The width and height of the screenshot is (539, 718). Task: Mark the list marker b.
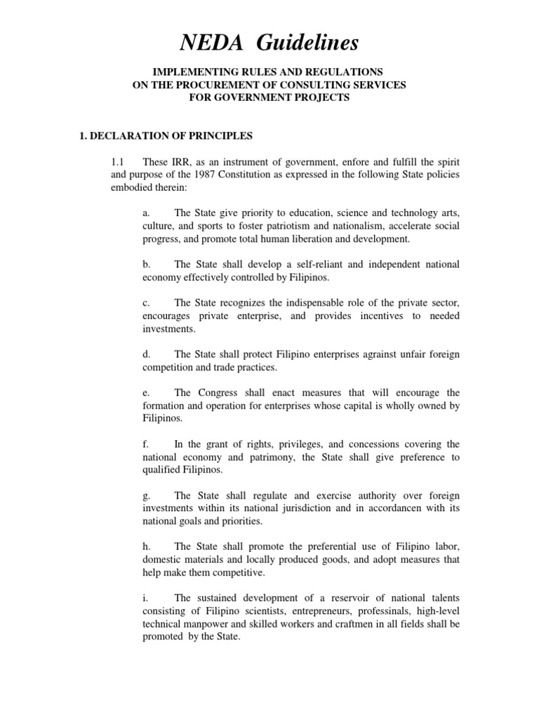pos(145,264)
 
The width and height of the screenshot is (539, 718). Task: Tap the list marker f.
pos(145,445)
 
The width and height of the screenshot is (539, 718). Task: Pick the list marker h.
pos(145,548)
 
